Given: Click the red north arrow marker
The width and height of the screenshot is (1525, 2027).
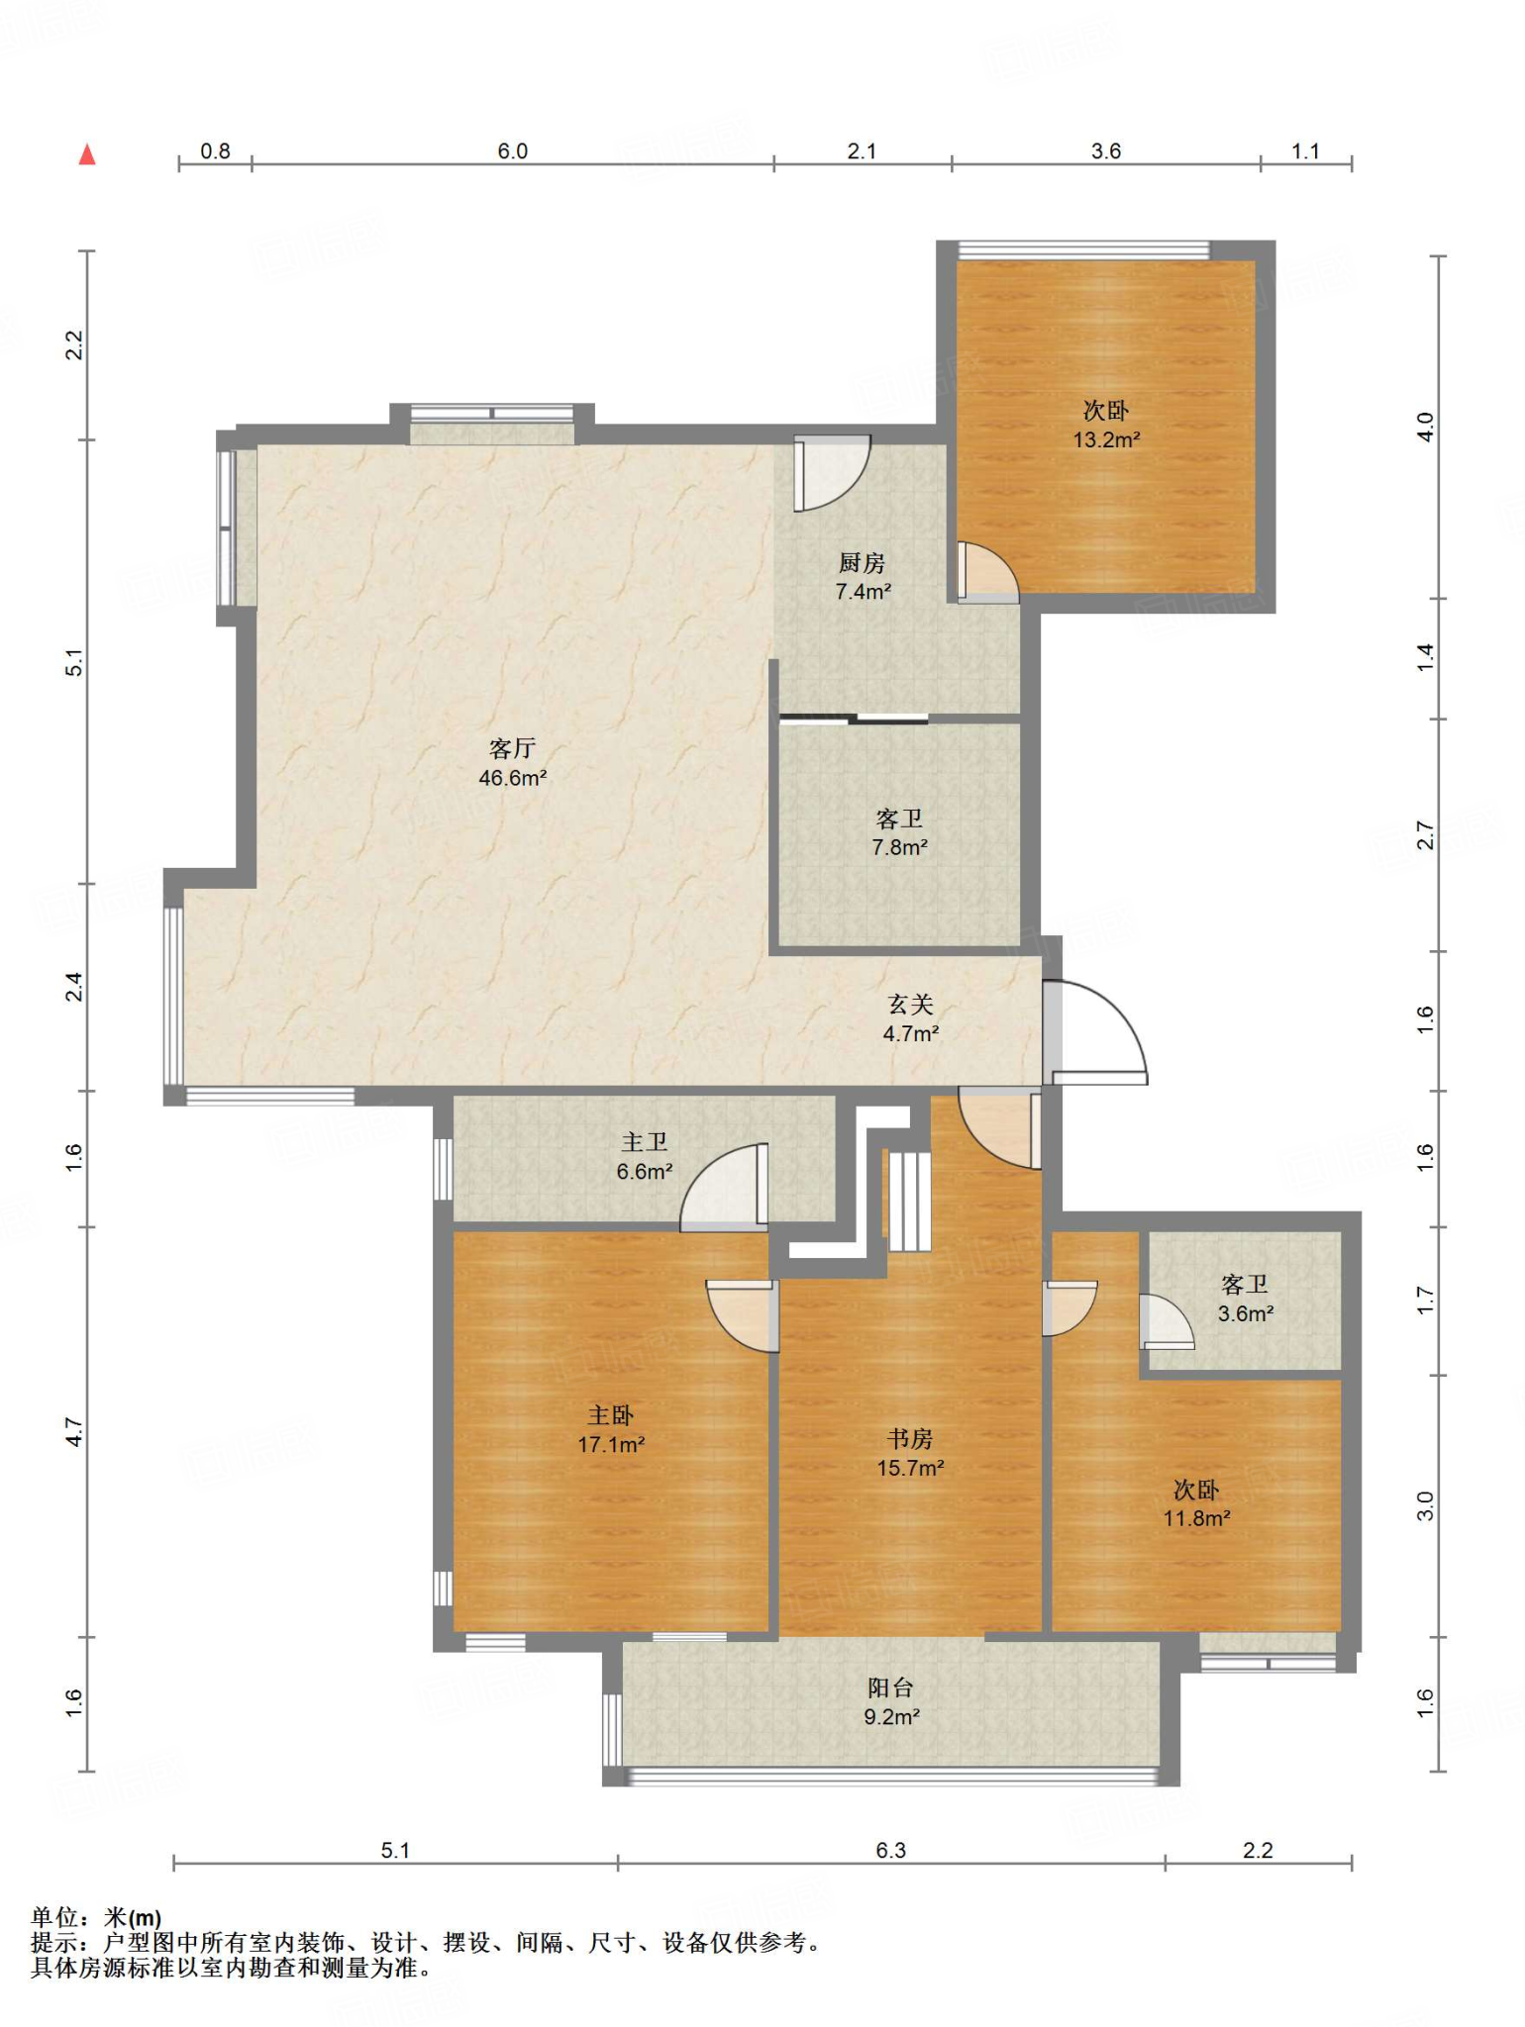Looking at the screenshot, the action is pos(87,154).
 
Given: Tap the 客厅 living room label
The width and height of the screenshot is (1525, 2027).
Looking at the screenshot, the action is pos(512,749).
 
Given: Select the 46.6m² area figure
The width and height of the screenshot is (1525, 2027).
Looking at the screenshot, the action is pos(512,779).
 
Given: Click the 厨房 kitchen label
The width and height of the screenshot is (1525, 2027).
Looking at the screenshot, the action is pos(862,563).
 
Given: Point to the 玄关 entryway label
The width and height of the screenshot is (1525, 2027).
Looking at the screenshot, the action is pos(910,1005).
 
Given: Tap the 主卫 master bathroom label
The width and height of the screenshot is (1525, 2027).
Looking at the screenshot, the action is pos(644,1143).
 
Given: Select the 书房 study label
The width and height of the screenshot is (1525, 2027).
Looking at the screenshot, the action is pos(909,1439).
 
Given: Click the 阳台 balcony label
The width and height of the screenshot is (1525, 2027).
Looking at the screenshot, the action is pos(890,1688).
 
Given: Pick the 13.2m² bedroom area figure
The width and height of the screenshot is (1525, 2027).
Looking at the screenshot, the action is pos(1106,440).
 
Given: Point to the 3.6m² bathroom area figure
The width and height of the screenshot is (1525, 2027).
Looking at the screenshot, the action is pos(1245,1314).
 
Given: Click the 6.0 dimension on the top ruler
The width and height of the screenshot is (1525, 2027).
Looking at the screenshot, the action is pos(512,151).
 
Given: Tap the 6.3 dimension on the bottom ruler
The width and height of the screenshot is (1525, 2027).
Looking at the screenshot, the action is pos(890,1850).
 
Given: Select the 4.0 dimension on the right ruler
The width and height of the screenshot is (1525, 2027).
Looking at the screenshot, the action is pos(1425,427).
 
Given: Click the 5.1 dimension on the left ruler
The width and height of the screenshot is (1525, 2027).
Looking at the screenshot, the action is pos(74,662).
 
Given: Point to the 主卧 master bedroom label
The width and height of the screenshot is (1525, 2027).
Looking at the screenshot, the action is pos(610,1415).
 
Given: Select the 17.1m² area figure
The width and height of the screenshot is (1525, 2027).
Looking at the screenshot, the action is pos(611,1445).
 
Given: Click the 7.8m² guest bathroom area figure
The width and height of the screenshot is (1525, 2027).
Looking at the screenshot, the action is pos(899,848).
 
